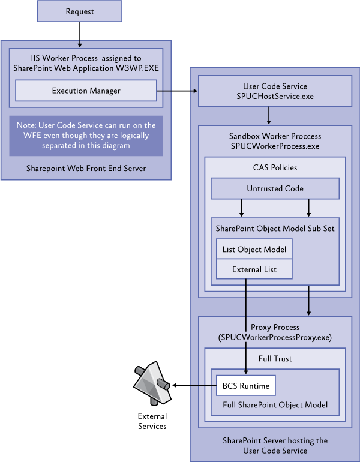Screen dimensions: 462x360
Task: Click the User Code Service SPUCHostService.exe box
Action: pyautogui.click(x=275, y=91)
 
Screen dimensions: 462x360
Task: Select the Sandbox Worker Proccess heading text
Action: pyautogui.click(x=275, y=136)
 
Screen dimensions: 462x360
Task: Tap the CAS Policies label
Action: pyautogui.click(x=275, y=167)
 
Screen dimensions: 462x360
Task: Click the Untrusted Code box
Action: pyautogui.click(x=275, y=188)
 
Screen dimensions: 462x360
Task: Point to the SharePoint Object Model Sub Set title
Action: pyautogui.click(x=275, y=229)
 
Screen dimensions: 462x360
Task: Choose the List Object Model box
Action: pyautogui.click(x=254, y=249)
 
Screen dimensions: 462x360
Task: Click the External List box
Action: pyautogui.click(x=254, y=269)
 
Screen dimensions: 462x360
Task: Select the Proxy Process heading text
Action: pyautogui.click(x=275, y=328)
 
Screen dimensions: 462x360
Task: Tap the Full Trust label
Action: pyautogui.click(x=275, y=358)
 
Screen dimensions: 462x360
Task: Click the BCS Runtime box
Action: pyautogui.click(x=245, y=385)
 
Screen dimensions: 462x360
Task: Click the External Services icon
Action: pyautogui.click(x=151, y=383)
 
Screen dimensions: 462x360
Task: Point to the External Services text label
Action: pyautogui.click(x=152, y=421)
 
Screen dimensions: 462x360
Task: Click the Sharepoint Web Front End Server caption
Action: pyautogui.click(x=86, y=168)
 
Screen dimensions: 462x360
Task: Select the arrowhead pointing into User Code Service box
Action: pyautogui.click(x=194, y=91)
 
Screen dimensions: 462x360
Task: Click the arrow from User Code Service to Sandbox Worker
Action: pyautogui.click(x=269, y=114)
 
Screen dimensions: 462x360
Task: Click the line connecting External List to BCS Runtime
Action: pyautogui.click(x=246, y=324)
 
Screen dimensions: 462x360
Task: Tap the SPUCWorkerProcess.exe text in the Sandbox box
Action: pyautogui.click(x=275, y=146)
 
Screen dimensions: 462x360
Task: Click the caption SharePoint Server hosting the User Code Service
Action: pyautogui.click(x=275, y=445)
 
